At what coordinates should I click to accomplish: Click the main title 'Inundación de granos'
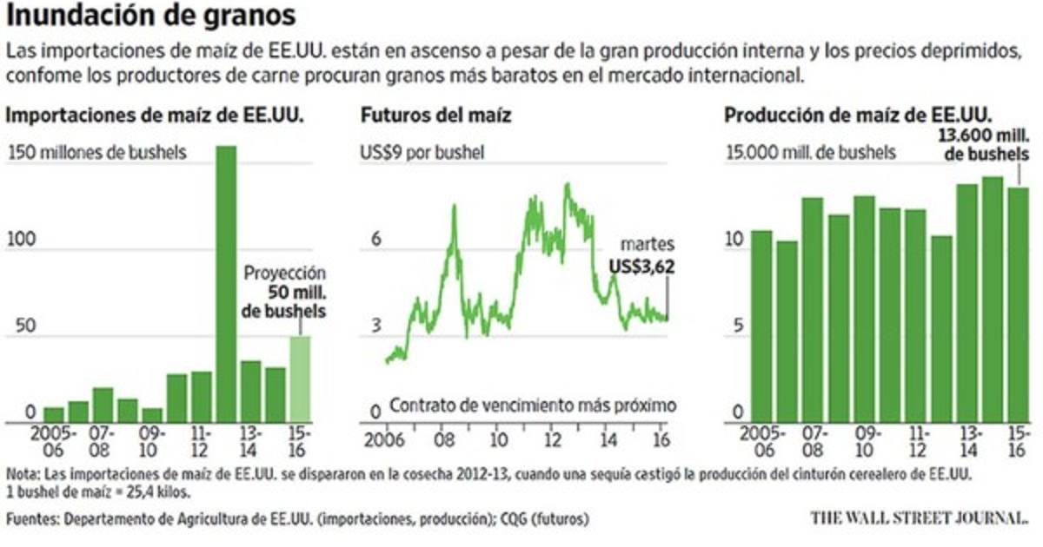coord(151,16)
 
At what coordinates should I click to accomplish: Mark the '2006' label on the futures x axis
coord(378,438)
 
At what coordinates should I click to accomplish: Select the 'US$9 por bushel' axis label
coord(422,153)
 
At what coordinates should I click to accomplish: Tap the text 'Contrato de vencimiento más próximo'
coord(533,405)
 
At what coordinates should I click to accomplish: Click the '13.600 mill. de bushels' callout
coord(987,144)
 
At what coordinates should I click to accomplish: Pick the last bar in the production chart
coord(1018,305)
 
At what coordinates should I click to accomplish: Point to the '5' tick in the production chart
coord(737,326)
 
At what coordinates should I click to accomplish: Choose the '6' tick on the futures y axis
coord(376,239)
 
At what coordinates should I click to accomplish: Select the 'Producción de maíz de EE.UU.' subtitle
coord(859,115)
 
